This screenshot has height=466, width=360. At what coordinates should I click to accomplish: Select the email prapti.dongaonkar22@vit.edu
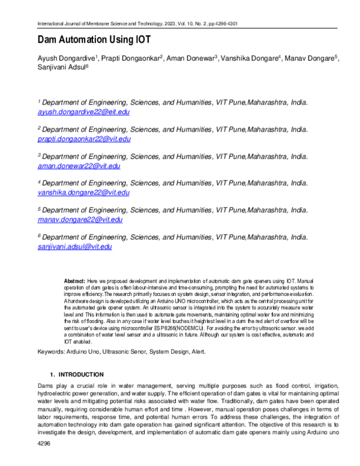[84, 139]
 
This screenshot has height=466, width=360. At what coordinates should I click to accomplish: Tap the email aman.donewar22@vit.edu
[79, 166]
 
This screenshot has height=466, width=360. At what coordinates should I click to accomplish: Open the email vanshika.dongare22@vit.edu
[83, 193]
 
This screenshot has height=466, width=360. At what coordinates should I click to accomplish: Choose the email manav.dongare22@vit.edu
[80, 220]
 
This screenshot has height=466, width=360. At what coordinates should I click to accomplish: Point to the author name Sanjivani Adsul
[61, 68]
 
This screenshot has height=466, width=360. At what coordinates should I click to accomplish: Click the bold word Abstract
[74, 281]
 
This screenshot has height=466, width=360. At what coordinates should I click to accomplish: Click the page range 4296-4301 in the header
[224, 23]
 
